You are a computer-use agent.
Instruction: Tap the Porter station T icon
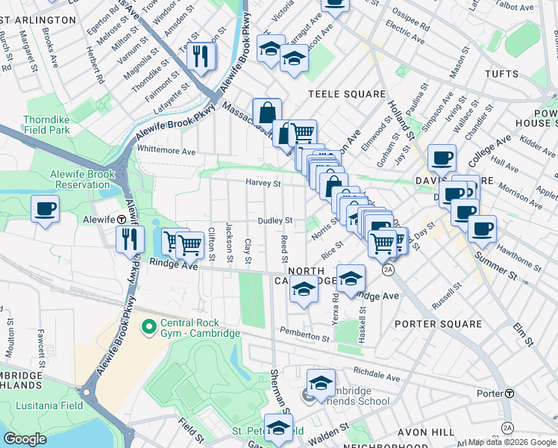510,393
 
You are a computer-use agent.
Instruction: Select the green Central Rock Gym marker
148,327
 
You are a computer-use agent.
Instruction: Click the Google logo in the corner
25,439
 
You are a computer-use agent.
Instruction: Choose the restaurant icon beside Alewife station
130,239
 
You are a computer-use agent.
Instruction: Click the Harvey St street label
263,183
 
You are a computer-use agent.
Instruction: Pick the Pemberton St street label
304,335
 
